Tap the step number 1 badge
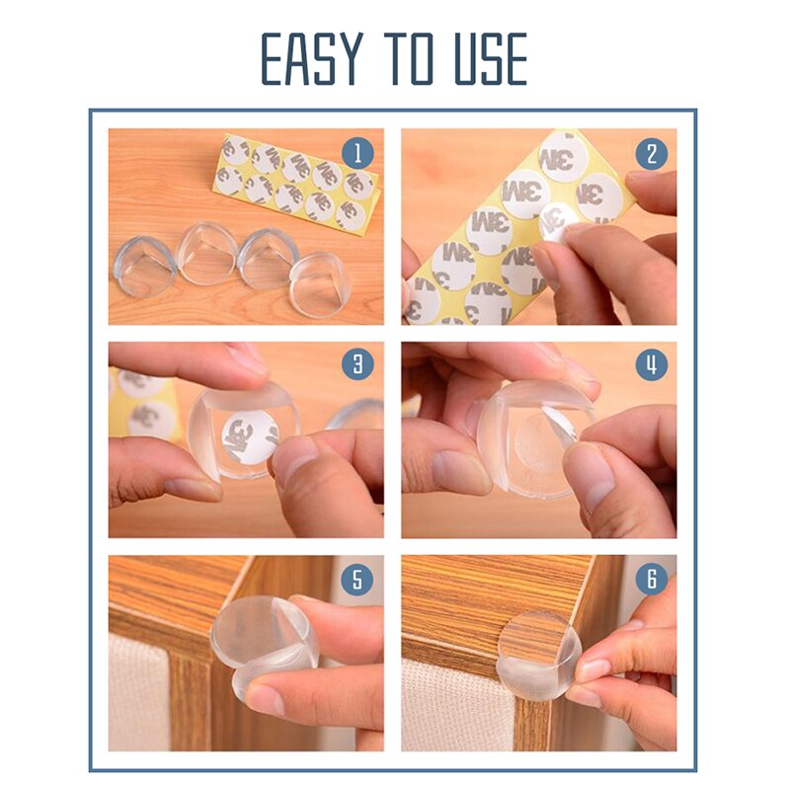coord(357,152)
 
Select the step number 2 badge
coord(651,152)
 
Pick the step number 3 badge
coord(357,364)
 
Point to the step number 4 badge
coord(651,364)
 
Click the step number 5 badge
coord(357,579)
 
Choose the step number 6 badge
coord(651,579)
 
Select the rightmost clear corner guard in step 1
coord(320,284)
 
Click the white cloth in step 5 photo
coord(138,691)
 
